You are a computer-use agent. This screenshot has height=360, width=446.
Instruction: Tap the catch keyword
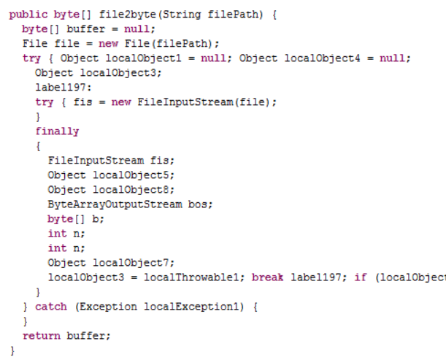click(x=50, y=306)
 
